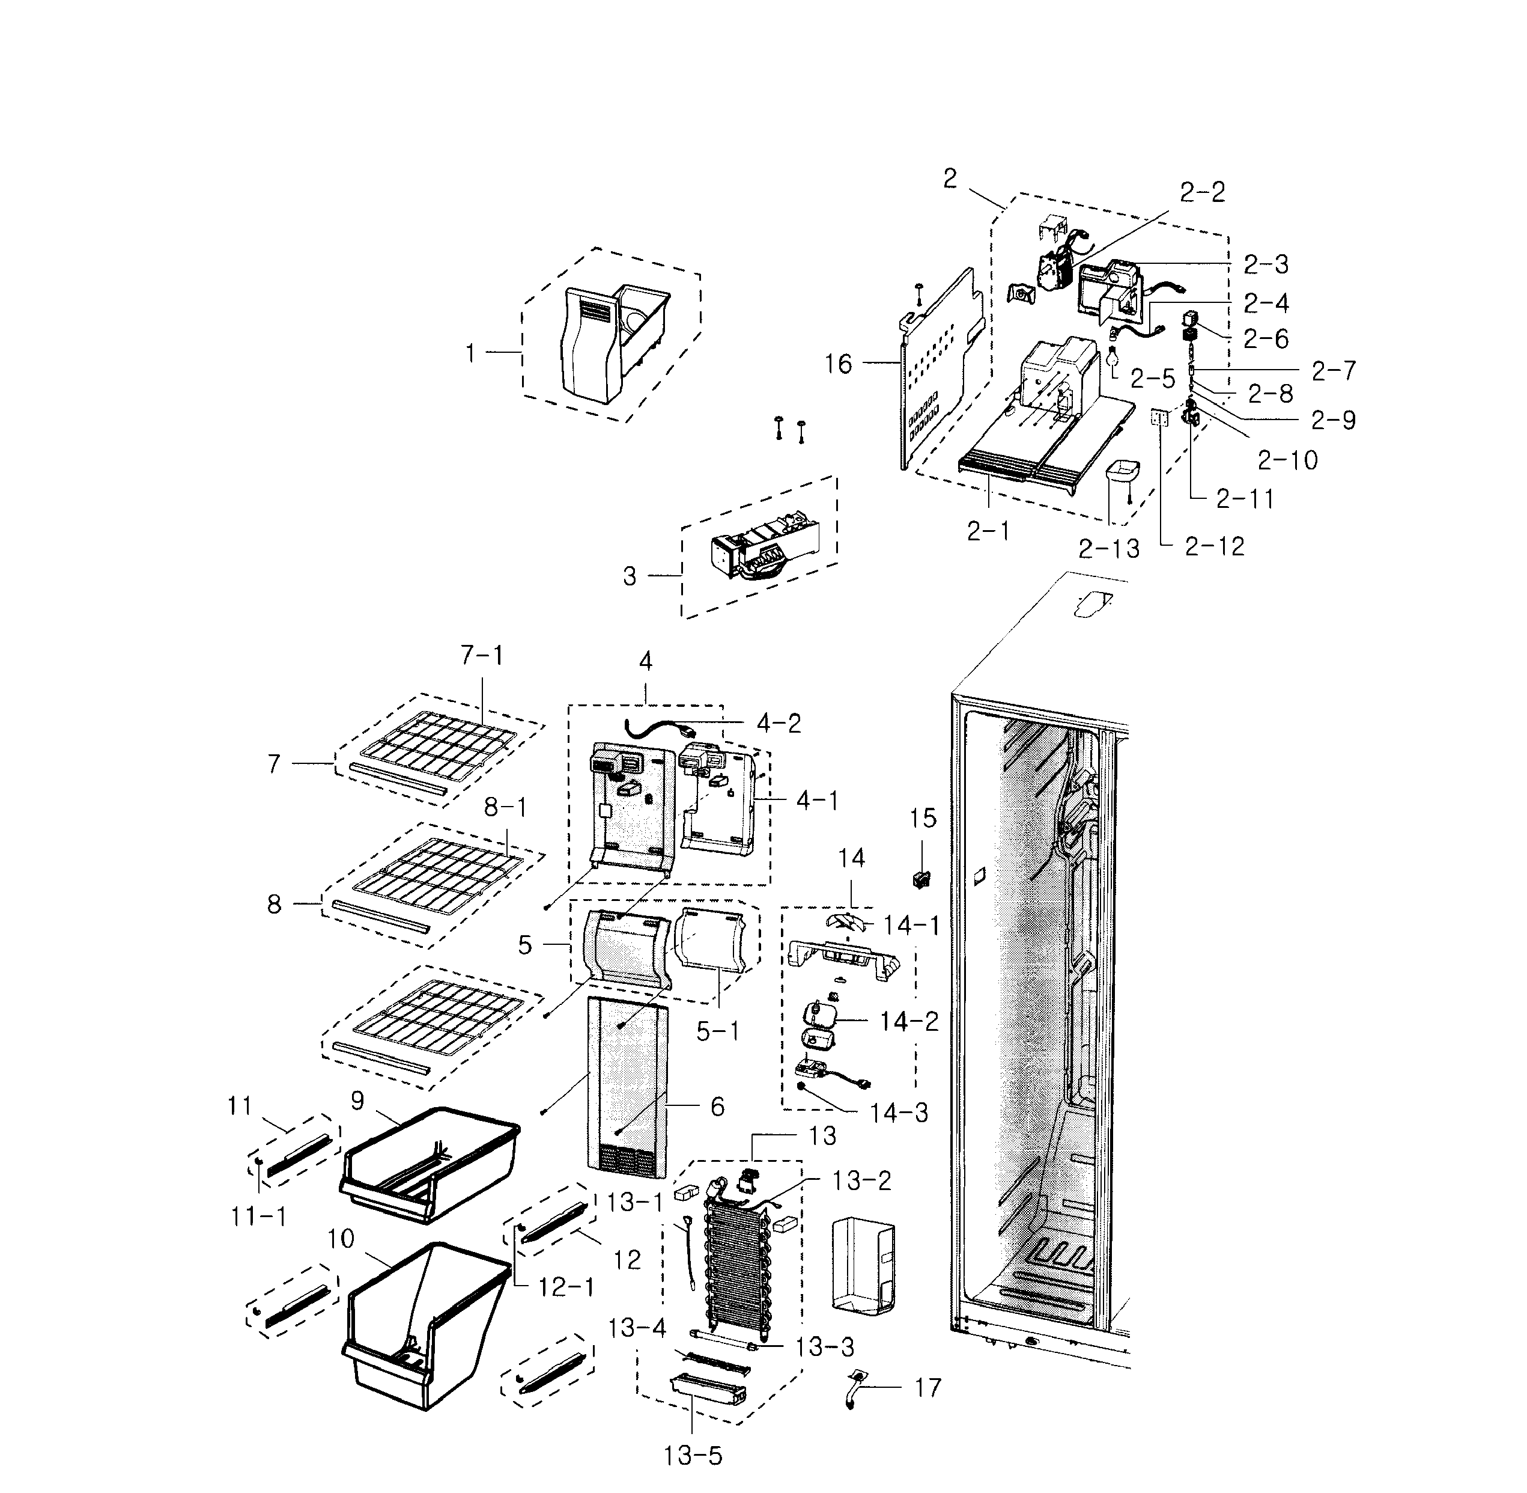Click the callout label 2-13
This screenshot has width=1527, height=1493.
click(x=1108, y=549)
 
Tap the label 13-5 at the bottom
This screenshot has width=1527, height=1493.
click(x=692, y=1456)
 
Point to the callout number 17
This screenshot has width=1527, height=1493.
click(x=927, y=1388)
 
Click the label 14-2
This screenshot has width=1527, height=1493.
click(x=908, y=1022)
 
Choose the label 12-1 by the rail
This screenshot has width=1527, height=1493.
click(x=566, y=1287)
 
